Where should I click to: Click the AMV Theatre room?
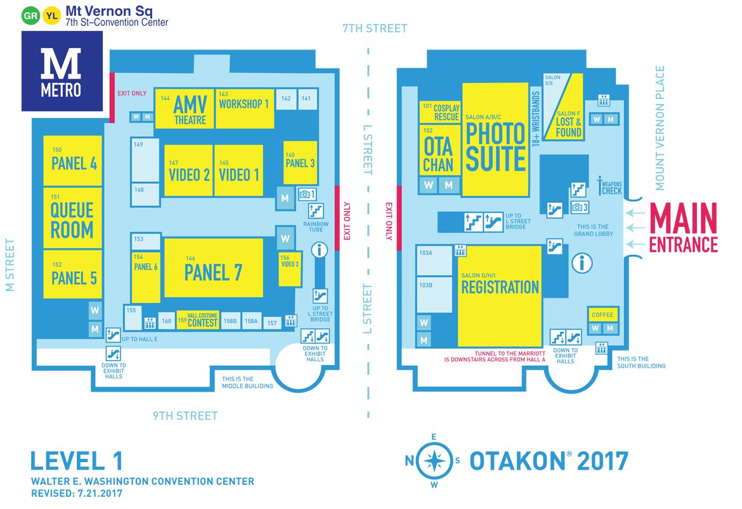pyautogui.click(x=184, y=108)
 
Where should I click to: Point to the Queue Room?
pyautogui.click(x=72, y=217)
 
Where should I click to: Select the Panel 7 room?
pyautogui.click(x=213, y=268)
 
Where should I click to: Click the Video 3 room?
pyautogui.click(x=289, y=269)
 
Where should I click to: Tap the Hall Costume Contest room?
pyautogui.click(x=197, y=320)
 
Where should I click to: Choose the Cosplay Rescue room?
pyautogui.click(x=440, y=112)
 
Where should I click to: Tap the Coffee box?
pyautogui.click(x=602, y=315)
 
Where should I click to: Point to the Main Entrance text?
pyautogui.click(x=682, y=228)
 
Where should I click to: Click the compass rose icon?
pyautogui.click(x=434, y=461)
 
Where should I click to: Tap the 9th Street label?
pyautogui.click(x=185, y=416)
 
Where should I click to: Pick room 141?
pyautogui.click(x=306, y=99)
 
